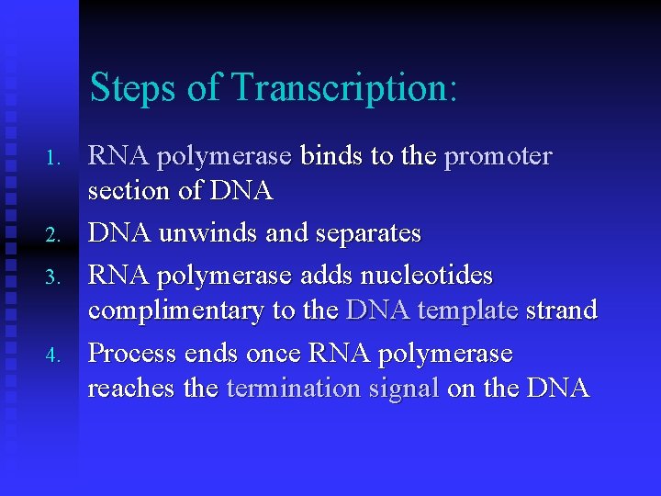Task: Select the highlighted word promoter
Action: pos(498,157)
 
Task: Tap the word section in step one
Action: pos(128,191)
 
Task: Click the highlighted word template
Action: pos(467,310)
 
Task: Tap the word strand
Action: pos(562,310)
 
